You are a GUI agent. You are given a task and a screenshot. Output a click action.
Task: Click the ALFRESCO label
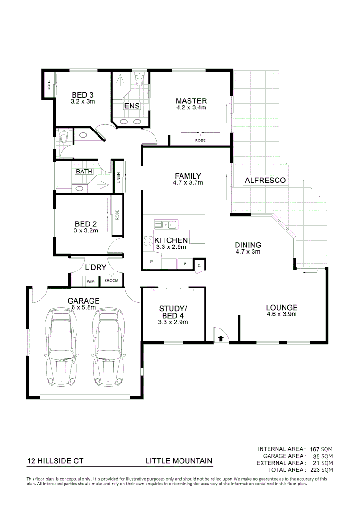[264, 180]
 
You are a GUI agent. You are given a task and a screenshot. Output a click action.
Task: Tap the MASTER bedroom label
[191, 101]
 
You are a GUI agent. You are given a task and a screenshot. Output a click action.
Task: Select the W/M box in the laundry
[90, 281]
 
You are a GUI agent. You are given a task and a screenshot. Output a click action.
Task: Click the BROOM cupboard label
[112, 281]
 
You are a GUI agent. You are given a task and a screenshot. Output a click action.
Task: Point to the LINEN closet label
[118, 178]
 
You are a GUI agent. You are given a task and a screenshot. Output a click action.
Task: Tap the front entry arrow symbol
[221, 338]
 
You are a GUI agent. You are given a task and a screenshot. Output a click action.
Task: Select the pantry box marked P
[151, 261]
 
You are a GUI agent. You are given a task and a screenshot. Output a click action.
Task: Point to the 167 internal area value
[315, 449]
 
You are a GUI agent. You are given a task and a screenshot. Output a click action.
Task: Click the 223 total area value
[315, 470]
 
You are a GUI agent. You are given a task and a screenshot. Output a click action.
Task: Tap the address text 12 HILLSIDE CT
[55, 461]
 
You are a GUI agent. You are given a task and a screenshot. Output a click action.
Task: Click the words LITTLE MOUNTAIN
[179, 461]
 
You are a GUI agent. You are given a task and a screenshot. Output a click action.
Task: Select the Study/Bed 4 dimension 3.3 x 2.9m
[173, 322]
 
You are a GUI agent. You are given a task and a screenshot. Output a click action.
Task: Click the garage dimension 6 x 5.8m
[83, 307]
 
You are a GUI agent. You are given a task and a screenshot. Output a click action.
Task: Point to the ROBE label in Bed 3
[49, 85]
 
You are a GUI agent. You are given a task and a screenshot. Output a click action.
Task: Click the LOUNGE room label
[282, 308]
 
